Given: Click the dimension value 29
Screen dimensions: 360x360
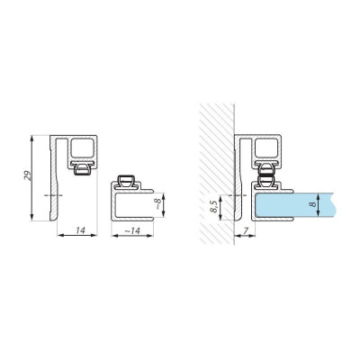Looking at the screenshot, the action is tap(27, 175).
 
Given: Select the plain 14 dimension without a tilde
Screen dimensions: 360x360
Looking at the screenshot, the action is tap(80, 230).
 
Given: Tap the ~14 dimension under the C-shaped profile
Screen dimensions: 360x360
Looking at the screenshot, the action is tap(132, 231).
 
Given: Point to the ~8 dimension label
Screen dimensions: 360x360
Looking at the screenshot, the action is tap(158, 205).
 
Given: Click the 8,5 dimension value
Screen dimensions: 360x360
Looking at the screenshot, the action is tap(213, 207).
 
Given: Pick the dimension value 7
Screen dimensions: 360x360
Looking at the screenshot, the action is tap(245, 230).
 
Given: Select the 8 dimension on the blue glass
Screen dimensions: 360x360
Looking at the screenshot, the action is tap(313, 204).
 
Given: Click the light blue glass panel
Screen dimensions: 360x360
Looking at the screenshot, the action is tap(294, 204).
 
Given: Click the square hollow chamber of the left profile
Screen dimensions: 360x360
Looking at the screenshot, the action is tap(82, 148).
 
